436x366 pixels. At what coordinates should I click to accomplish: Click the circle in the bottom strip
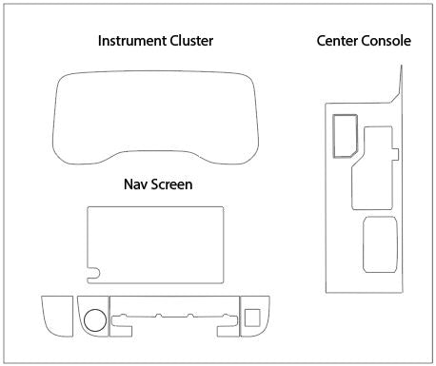tap(94, 319)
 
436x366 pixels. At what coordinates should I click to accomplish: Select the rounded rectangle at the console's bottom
tap(380, 242)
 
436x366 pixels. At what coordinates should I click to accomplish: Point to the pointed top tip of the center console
tap(401, 67)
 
